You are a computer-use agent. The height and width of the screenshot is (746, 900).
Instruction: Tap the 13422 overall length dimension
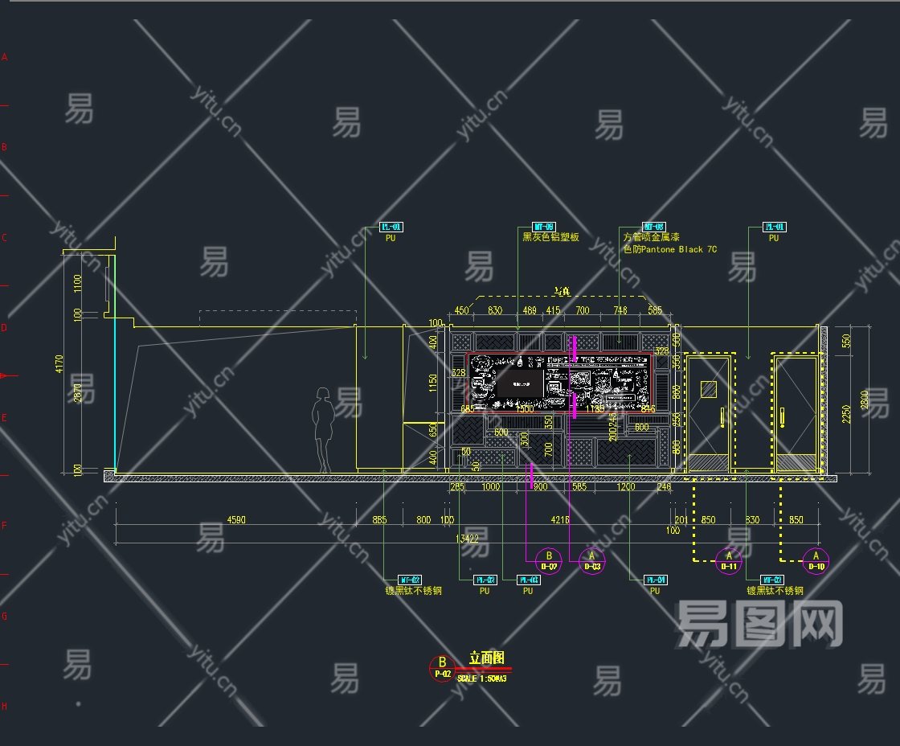click(x=472, y=539)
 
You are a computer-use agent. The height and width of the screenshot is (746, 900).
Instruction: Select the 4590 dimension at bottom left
click(x=236, y=520)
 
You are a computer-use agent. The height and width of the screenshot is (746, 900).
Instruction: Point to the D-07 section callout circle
click(x=549, y=560)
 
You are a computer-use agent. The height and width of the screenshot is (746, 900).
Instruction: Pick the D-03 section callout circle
click(x=592, y=560)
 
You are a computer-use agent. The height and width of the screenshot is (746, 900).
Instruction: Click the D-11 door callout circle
click(x=729, y=560)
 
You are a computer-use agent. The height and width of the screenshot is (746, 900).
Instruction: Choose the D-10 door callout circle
click(x=816, y=560)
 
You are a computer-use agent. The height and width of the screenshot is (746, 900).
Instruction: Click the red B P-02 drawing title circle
click(x=442, y=668)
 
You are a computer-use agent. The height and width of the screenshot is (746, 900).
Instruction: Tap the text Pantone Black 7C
click(x=669, y=249)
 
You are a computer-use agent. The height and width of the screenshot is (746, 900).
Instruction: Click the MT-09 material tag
click(x=544, y=227)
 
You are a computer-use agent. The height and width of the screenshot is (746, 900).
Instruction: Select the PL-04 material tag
click(x=655, y=580)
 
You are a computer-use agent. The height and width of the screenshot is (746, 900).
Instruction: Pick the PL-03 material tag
click(x=528, y=580)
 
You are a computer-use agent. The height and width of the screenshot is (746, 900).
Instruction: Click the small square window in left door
click(x=708, y=389)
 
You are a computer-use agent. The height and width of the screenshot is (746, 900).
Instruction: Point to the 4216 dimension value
click(x=559, y=520)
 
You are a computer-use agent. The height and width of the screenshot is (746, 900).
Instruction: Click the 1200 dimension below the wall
click(x=626, y=486)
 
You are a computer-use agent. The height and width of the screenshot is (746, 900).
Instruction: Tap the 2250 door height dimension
click(x=845, y=412)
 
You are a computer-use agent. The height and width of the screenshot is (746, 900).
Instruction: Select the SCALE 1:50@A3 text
click(x=481, y=678)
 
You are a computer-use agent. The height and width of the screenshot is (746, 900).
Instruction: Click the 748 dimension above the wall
click(x=620, y=310)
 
